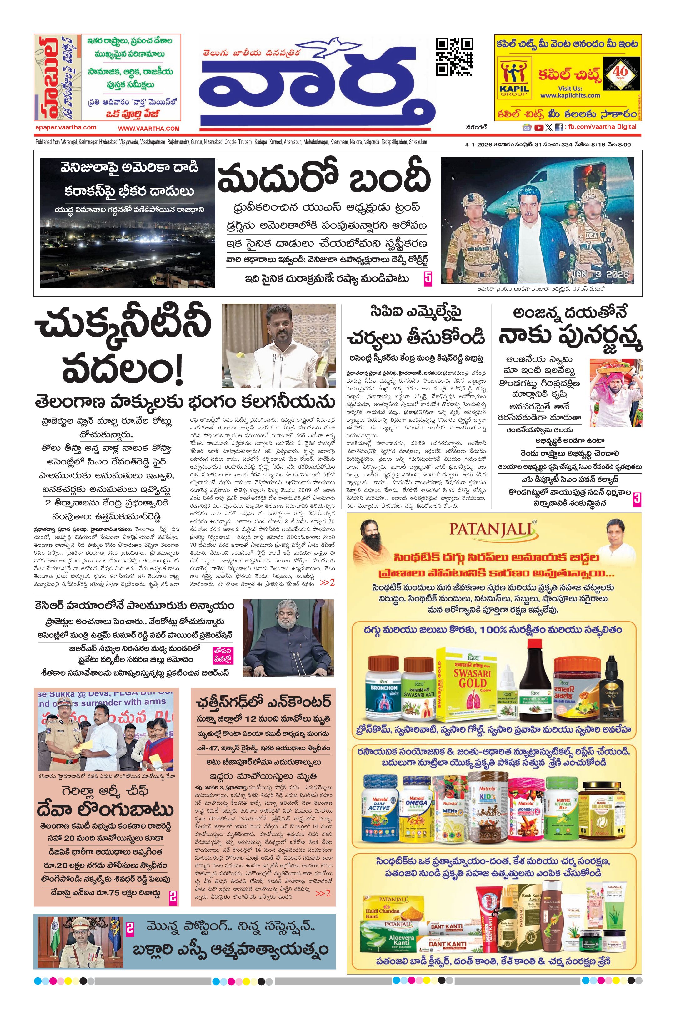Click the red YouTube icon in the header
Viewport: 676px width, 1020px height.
pyautogui.click(x=538, y=127)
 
